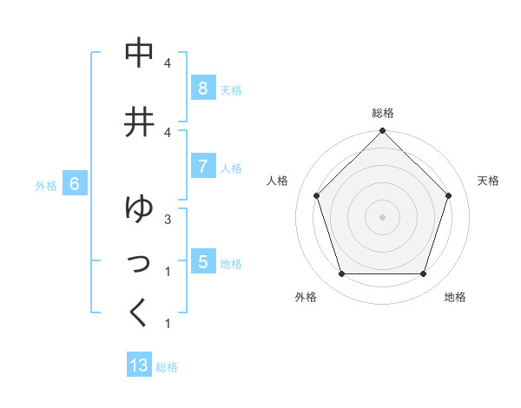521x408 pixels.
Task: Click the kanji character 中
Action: (140, 52)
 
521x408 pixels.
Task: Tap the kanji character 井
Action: (140, 122)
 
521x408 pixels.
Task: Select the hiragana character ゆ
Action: (140, 208)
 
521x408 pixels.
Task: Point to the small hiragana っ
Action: (140, 261)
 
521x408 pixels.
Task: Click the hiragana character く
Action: (140, 312)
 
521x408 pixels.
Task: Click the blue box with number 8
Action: (202, 89)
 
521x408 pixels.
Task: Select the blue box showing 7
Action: (202, 167)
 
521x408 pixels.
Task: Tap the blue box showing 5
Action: (202, 262)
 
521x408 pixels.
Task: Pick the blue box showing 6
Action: (75, 184)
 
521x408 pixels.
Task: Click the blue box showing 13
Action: (139, 365)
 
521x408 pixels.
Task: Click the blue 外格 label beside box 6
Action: (46, 185)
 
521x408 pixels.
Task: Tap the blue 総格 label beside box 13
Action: (167, 367)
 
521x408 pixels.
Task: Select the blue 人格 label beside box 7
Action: (231, 168)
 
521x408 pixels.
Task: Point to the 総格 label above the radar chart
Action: (383, 113)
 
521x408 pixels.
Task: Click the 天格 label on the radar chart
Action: (488, 181)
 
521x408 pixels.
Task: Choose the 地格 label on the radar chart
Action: (455, 297)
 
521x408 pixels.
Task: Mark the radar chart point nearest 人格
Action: (316, 195)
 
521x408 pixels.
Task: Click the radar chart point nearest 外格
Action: (341, 274)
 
